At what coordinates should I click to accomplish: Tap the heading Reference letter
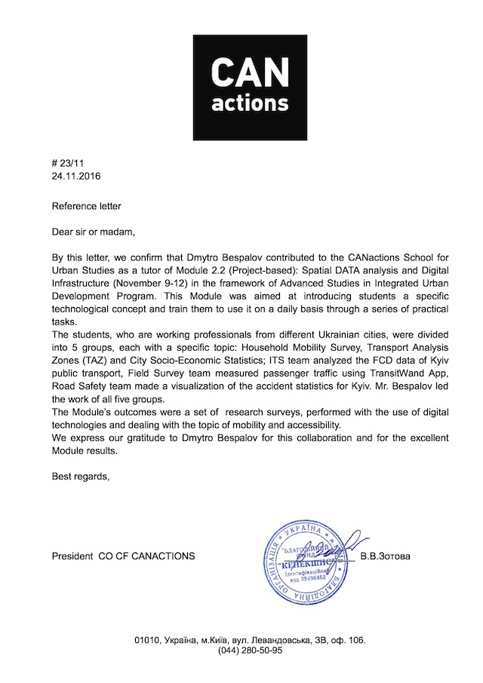click(x=86, y=205)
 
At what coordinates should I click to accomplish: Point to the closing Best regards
click(x=80, y=475)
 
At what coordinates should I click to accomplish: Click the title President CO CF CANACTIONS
click(x=123, y=557)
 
